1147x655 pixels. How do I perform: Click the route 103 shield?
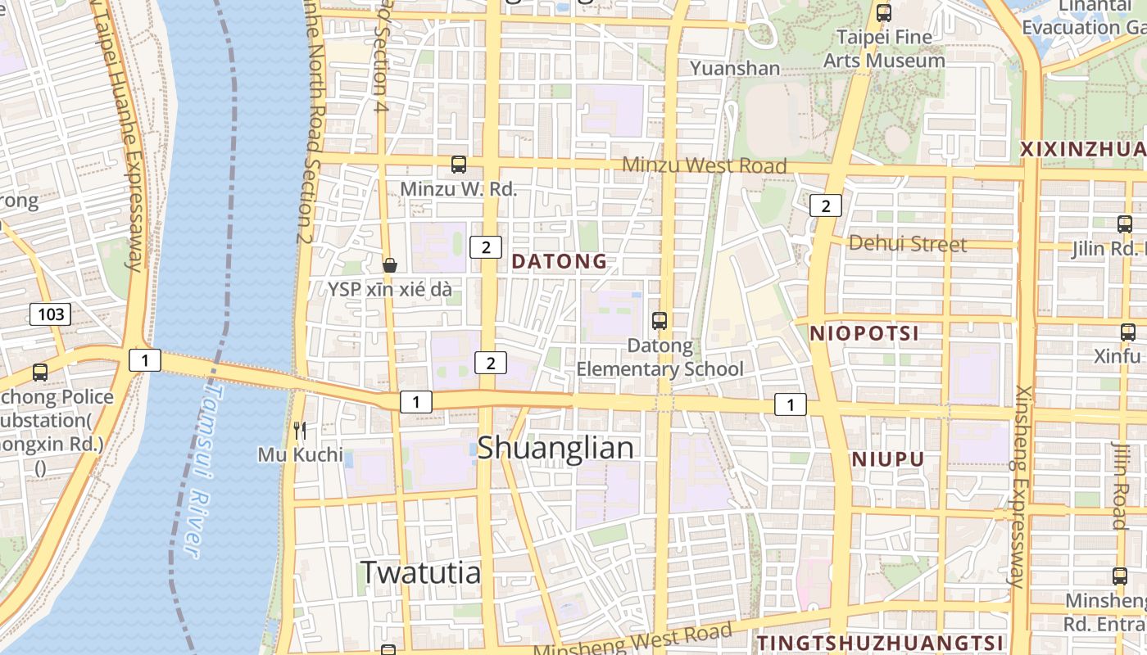51,314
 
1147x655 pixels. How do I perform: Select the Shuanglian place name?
555,448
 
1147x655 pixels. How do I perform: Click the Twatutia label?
420,571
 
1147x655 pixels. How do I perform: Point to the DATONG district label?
560,262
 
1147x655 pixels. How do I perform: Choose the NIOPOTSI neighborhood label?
864,333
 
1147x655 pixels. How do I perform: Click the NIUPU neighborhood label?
887,459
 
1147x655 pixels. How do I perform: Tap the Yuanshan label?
735,68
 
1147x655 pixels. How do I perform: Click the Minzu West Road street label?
704,165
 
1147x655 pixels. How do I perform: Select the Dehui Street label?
907,243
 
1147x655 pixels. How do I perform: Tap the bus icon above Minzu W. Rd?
459,165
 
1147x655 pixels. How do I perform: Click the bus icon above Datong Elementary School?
660,321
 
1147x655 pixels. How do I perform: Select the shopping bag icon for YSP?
390,265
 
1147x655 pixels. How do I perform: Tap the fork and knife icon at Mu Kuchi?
300,430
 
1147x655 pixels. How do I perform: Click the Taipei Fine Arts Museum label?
883,48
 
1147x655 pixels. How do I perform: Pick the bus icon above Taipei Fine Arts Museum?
883,13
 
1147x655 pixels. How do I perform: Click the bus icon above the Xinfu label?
1127,332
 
